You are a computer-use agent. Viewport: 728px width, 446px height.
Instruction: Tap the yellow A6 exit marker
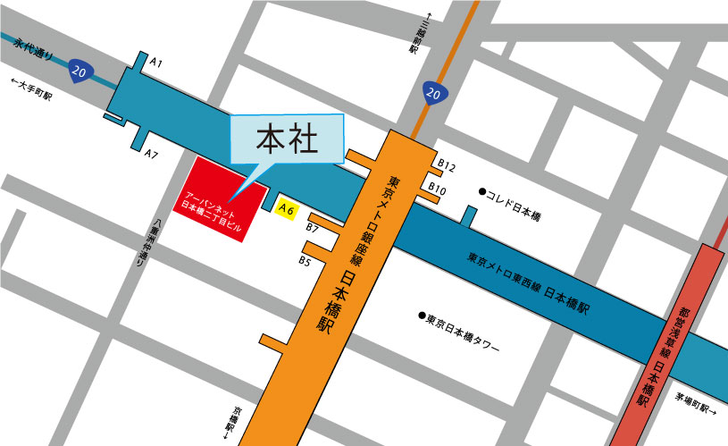point(286,208)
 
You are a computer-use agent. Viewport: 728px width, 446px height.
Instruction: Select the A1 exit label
point(155,63)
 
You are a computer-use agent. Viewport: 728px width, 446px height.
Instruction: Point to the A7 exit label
point(152,155)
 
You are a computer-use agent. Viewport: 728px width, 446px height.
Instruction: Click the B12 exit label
point(447,167)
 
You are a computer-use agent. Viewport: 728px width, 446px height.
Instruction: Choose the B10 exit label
point(437,189)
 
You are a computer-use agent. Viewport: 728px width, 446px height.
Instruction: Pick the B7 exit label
point(313,229)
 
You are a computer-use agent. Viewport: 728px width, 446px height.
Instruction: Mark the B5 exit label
point(305,261)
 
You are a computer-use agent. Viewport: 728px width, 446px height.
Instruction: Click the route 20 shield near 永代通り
point(80,72)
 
